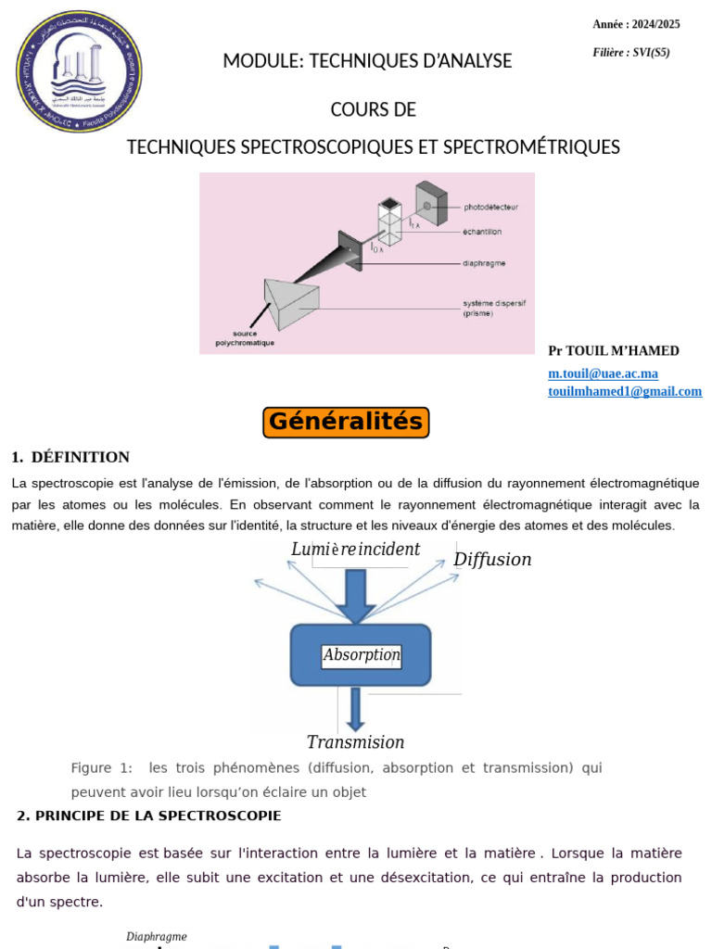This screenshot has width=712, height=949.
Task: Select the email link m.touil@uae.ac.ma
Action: coord(603,373)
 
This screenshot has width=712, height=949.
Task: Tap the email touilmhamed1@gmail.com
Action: coord(624,391)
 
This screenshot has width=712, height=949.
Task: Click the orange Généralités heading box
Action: coord(346,423)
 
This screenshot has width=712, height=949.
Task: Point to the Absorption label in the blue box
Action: coord(362,655)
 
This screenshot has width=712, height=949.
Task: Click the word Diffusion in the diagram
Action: coord(492,560)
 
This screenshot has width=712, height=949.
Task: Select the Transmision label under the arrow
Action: coord(355,742)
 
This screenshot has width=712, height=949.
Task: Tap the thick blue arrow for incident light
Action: coord(356,594)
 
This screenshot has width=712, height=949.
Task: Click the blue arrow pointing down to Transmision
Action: coord(355,709)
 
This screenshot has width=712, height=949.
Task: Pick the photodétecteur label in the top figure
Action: coord(490,206)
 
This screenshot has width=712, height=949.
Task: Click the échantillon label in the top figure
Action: coord(483,232)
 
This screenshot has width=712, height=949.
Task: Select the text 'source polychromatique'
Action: coord(247,338)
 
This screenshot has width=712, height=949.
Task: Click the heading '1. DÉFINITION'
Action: coord(70,457)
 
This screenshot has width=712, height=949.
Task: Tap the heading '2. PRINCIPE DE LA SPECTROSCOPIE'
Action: coord(148,816)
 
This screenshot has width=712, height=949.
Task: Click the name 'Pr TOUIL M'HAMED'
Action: coord(614,351)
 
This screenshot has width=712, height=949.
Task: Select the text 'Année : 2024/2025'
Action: coord(636,24)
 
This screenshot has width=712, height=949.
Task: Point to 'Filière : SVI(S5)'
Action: coord(630,53)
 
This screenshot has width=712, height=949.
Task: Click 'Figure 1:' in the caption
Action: coord(102,768)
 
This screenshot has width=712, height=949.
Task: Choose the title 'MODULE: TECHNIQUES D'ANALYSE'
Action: coord(367,61)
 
